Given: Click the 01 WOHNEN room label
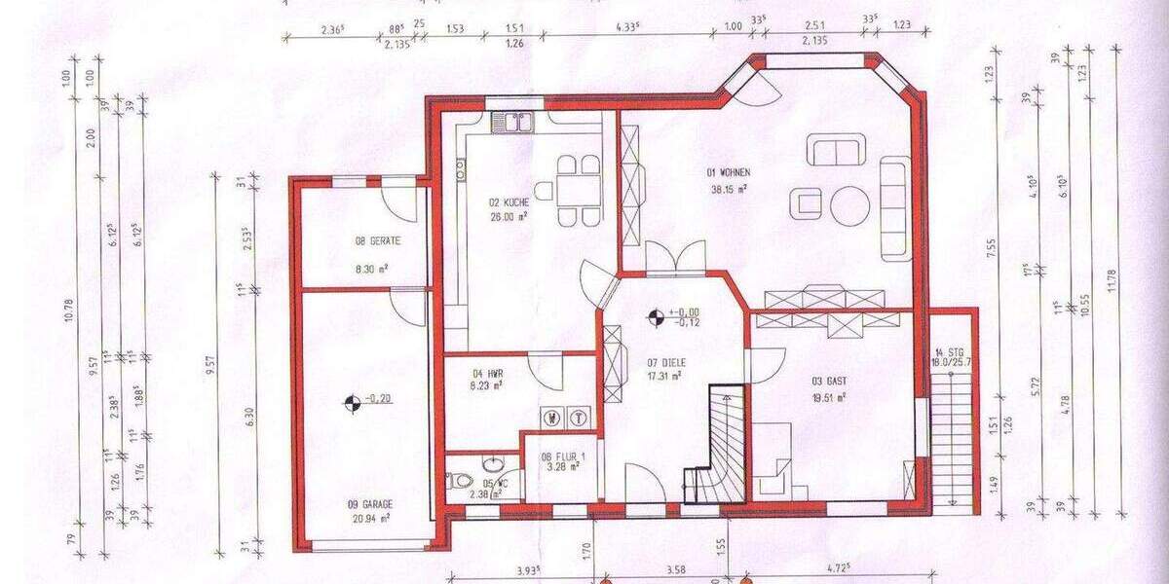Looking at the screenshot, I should click(728, 172).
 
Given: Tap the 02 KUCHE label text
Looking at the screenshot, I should click(509, 202).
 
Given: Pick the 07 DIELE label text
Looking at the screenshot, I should click(664, 361).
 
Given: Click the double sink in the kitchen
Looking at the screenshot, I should click(512, 122).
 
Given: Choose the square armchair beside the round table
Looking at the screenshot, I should click(808, 202).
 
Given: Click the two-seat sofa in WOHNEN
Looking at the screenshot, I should click(835, 151).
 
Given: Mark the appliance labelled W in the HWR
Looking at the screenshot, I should click(552, 417).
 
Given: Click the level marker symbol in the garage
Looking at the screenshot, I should click(350, 399).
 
